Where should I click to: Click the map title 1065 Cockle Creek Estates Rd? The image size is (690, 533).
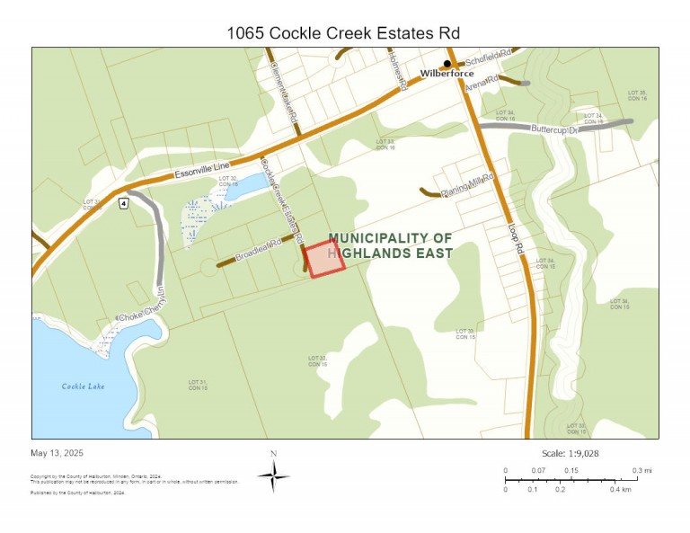344,33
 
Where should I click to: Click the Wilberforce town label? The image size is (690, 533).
447,74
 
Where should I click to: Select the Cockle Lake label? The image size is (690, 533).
84,386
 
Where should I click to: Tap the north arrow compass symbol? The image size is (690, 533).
273,474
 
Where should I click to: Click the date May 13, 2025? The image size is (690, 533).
57,453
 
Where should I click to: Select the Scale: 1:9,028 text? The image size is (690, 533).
571,454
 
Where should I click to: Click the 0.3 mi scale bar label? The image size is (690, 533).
641,471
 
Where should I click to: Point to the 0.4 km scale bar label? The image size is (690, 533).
620,489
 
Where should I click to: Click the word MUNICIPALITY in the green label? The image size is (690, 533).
370,238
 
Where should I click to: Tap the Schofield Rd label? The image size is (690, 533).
492,54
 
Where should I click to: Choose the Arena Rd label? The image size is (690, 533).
482,83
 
